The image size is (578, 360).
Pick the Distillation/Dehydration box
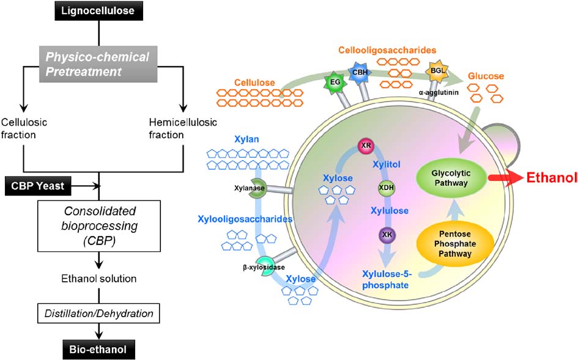pos(98,314)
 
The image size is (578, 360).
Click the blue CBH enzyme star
pos(359,72)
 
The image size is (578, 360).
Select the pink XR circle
pos(366,147)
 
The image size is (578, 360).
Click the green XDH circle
pos(385,188)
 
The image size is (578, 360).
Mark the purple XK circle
pos(387,234)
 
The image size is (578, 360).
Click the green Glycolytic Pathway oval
pos(452,178)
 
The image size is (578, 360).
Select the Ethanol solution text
pos(98,279)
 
